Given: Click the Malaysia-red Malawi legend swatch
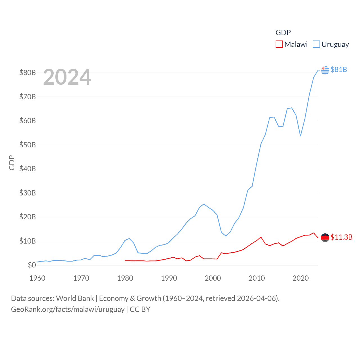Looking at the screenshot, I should click(279, 44).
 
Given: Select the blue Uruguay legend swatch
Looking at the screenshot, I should click(316, 44).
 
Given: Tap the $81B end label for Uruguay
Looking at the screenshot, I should click(339, 69).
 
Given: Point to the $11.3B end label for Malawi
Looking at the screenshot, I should click(341, 237).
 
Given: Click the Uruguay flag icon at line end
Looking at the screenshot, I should click(325, 70).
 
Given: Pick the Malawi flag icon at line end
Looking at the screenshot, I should click(325, 238).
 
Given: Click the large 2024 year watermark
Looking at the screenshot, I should click(67, 77).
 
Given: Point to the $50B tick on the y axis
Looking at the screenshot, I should click(28, 145).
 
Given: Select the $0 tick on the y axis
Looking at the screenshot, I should click(32, 265).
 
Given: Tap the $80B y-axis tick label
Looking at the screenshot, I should click(28, 73).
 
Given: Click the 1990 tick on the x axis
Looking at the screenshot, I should click(169, 278).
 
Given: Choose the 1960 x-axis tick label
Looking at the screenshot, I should click(37, 278).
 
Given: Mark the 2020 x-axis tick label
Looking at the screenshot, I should click(300, 278).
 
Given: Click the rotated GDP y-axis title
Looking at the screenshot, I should click(12, 163).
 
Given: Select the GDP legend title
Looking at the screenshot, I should click(283, 33).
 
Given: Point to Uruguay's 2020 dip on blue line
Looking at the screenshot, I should click(300, 136).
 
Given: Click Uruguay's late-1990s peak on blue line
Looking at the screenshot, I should click(204, 204).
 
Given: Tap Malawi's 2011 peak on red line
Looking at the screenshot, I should click(261, 237).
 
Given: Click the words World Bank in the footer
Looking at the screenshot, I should click(75, 298).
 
